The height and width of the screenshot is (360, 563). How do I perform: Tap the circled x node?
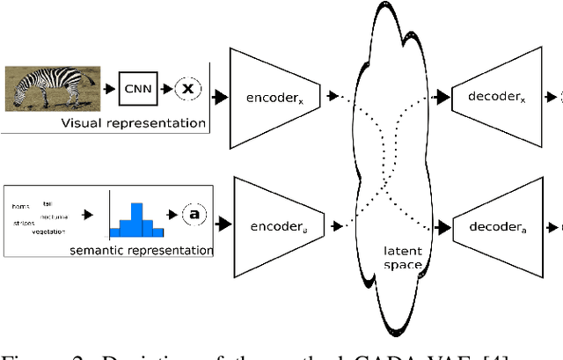point(187,89)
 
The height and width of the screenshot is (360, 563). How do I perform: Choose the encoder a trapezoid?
point(274,225)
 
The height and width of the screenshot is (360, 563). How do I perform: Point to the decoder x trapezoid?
point(495,96)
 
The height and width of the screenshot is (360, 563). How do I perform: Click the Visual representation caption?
point(132,122)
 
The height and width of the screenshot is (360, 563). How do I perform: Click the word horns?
point(20,207)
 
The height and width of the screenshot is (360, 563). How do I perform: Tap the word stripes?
point(23,224)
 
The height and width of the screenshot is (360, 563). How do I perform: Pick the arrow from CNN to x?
point(164,89)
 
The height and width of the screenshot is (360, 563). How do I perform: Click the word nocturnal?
point(55,216)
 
